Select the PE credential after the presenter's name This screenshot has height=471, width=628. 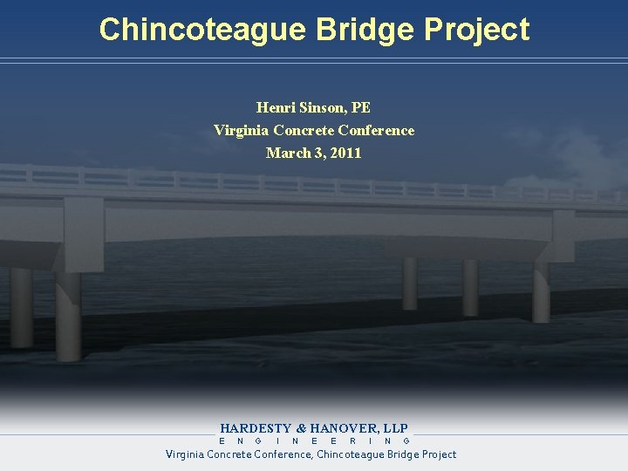coord(361,108)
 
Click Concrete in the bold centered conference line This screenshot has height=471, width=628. coord(305,131)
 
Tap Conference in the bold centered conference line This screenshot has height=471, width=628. coord(379,131)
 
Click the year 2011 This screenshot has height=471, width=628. coord(345,154)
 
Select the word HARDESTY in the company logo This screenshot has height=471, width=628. coord(256,428)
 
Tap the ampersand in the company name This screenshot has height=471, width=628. coord(302,428)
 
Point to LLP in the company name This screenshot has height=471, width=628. coord(395,428)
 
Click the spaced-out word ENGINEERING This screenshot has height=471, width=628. coord(314,441)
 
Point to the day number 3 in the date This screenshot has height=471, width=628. coord(318,154)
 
